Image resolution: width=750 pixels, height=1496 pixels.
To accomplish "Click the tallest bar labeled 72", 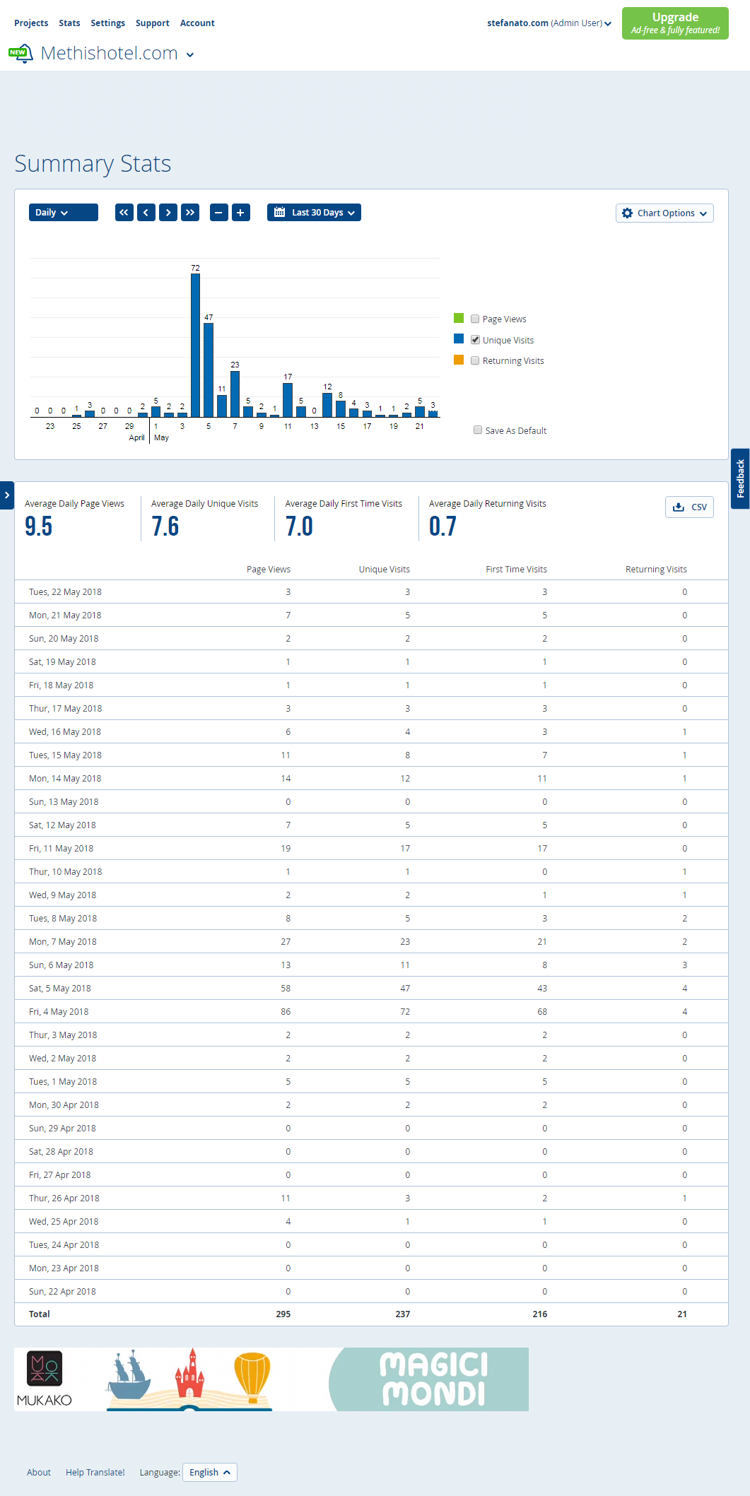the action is tap(195, 345).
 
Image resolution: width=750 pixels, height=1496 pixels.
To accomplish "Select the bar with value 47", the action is tap(209, 370).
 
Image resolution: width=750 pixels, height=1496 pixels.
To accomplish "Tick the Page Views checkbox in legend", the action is tap(475, 319).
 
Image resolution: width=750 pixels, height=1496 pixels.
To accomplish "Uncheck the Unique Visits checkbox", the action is tap(475, 340).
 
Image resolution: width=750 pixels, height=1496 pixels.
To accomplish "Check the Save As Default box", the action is tap(478, 430).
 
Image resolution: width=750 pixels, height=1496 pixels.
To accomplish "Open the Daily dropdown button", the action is tap(64, 213).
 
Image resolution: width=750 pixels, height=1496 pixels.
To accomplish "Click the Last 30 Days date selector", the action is tap(314, 213).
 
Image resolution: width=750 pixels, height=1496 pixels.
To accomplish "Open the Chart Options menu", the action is tap(664, 213).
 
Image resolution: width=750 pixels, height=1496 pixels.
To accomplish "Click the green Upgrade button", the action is tap(675, 23).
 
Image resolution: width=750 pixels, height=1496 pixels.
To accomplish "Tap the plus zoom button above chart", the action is tap(241, 213).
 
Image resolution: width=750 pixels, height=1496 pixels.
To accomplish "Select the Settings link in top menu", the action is tap(107, 23).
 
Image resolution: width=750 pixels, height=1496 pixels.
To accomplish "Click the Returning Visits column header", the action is tap(656, 570).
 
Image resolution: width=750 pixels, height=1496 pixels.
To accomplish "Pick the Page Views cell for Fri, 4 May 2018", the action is tap(286, 1012).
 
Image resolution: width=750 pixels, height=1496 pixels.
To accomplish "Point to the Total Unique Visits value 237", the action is tap(402, 1314).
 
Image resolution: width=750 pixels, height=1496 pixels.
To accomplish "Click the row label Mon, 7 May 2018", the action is tap(63, 942).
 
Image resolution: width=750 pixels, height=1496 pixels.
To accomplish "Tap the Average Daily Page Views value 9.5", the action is tap(39, 526).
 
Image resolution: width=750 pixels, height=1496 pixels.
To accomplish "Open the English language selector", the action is tap(210, 1472).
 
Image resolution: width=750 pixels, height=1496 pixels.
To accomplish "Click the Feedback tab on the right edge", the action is tap(740, 478).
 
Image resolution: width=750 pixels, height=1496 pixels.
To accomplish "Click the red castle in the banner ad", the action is tap(189, 1374).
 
